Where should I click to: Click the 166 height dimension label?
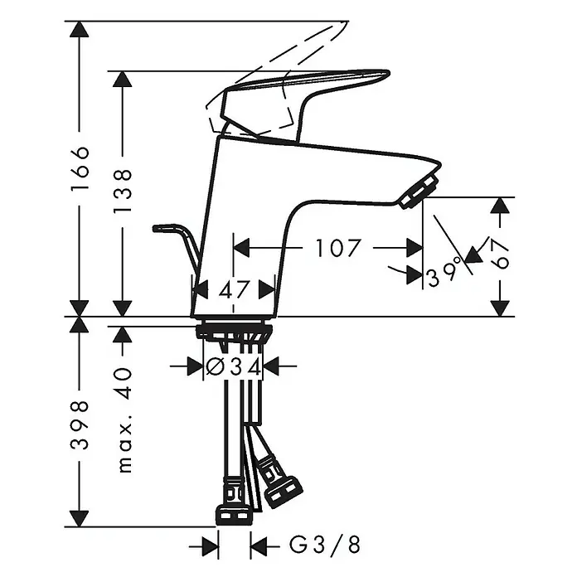(x=80, y=167)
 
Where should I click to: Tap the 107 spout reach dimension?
(x=337, y=248)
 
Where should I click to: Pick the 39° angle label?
(x=444, y=272)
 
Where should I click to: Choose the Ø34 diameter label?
(x=234, y=367)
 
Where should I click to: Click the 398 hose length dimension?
(x=80, y=424)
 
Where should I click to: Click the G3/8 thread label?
(x=325, y=544)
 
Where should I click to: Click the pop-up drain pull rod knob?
(x=162, y=228)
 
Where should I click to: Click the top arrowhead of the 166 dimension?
(x=80, y=29)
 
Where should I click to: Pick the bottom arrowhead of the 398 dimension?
(x=80, y=519)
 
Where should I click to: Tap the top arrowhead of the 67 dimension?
(x=500, y=206)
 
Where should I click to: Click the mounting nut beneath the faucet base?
(x=235, y=331)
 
